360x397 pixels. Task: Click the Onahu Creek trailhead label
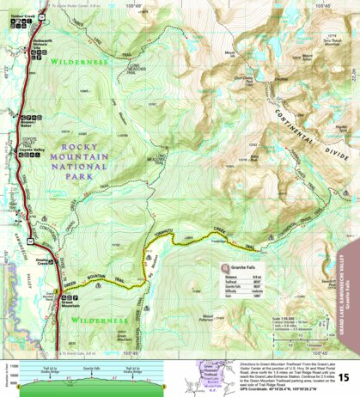coord(40,263)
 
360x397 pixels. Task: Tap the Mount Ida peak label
coord(229,55)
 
